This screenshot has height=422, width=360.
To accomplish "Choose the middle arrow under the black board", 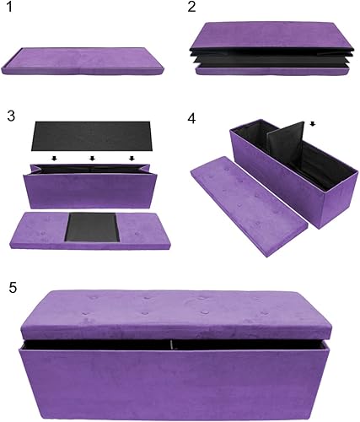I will pos(92,158).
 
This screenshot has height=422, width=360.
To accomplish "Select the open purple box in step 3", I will pos(91,187).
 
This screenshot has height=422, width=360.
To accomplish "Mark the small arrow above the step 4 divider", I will pos(314,123).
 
